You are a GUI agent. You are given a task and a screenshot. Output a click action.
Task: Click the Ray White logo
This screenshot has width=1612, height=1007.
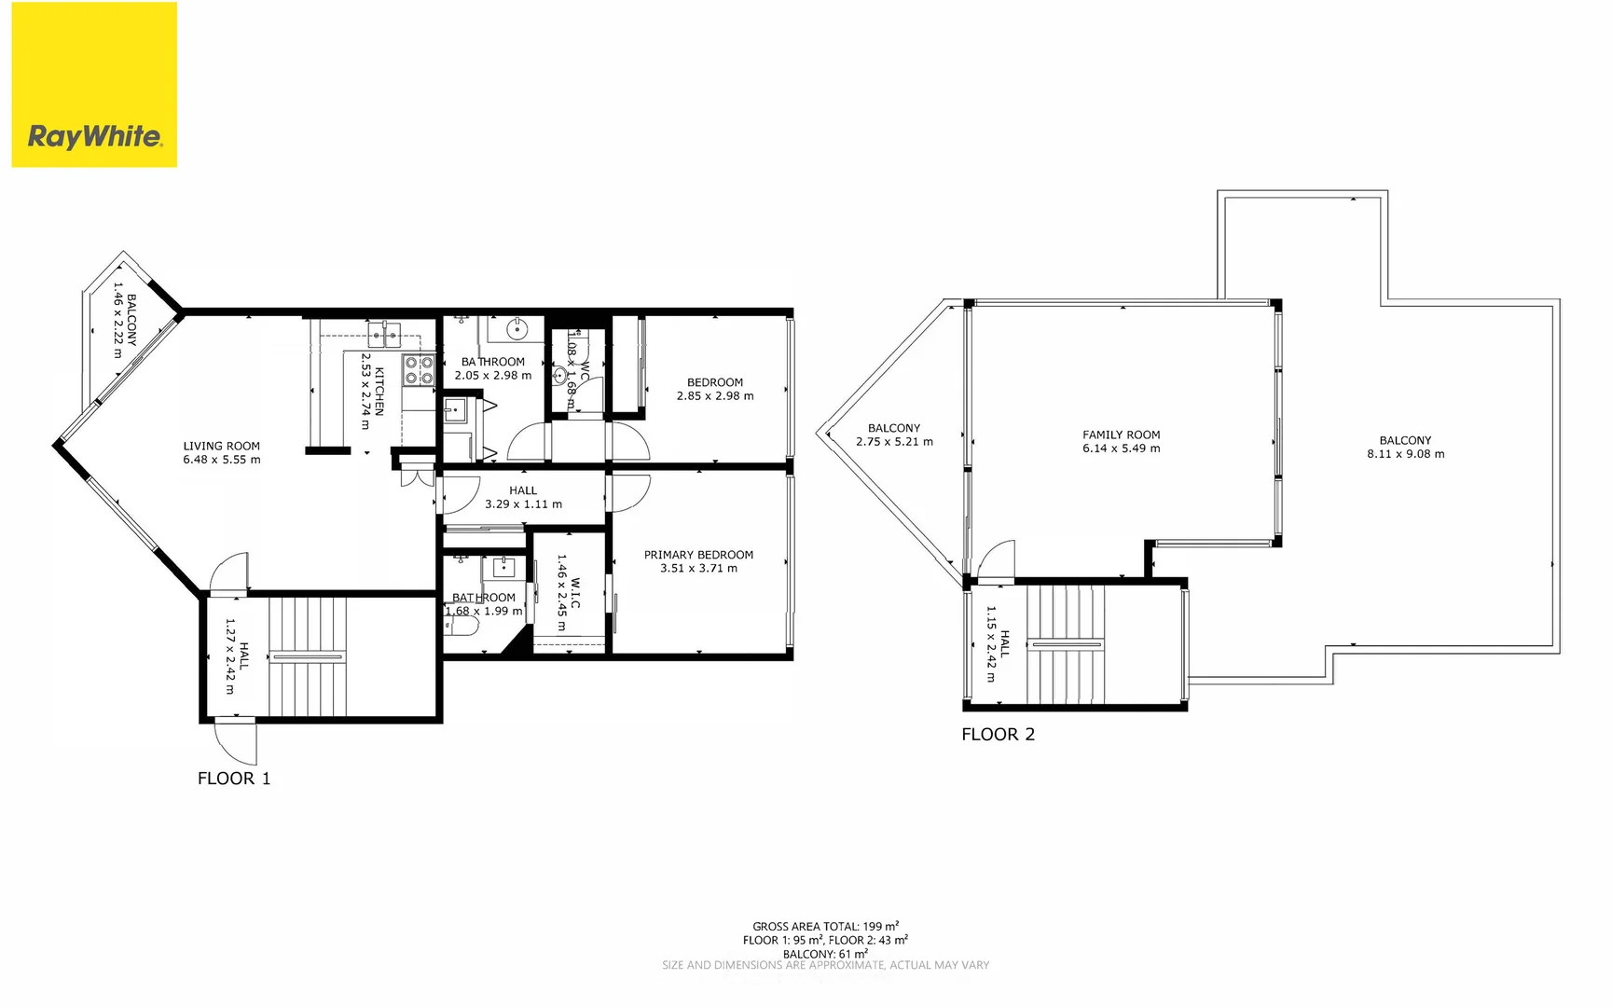[94, 136]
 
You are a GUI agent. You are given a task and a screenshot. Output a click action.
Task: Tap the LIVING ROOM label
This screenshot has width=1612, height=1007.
[222, 446]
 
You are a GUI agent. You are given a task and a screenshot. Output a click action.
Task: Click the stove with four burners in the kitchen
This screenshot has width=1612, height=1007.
[419, 370]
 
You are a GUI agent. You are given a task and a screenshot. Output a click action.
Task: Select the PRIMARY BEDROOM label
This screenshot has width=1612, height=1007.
[698, 555]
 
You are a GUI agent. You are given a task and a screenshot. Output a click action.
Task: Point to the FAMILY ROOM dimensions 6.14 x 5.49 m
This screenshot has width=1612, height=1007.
[1122, 448]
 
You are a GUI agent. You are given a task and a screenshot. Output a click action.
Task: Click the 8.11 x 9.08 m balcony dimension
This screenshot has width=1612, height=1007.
[1405, 454]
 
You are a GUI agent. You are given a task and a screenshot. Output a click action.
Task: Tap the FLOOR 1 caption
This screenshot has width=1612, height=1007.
[234, 779]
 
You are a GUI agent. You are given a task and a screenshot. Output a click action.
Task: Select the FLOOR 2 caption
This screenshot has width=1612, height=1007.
[998, 735]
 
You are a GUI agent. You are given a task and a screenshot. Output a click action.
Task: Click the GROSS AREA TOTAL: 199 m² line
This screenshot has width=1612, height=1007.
[825, 926]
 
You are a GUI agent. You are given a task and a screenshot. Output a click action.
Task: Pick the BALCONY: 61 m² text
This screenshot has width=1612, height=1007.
[825, 954]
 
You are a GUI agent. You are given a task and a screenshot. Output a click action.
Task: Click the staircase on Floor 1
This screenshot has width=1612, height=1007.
[308, 656]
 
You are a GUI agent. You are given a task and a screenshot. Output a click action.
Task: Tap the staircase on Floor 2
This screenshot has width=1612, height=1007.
[1065, 644]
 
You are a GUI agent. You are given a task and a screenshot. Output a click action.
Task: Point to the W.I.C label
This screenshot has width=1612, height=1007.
[575, 593]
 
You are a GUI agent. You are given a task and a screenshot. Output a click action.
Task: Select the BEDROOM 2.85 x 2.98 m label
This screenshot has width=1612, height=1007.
[715, 389]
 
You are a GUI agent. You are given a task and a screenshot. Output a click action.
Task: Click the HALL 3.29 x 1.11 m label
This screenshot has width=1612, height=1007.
[523, 497]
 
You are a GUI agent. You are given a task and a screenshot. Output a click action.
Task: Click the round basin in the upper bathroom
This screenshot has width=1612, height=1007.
[517, 329]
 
